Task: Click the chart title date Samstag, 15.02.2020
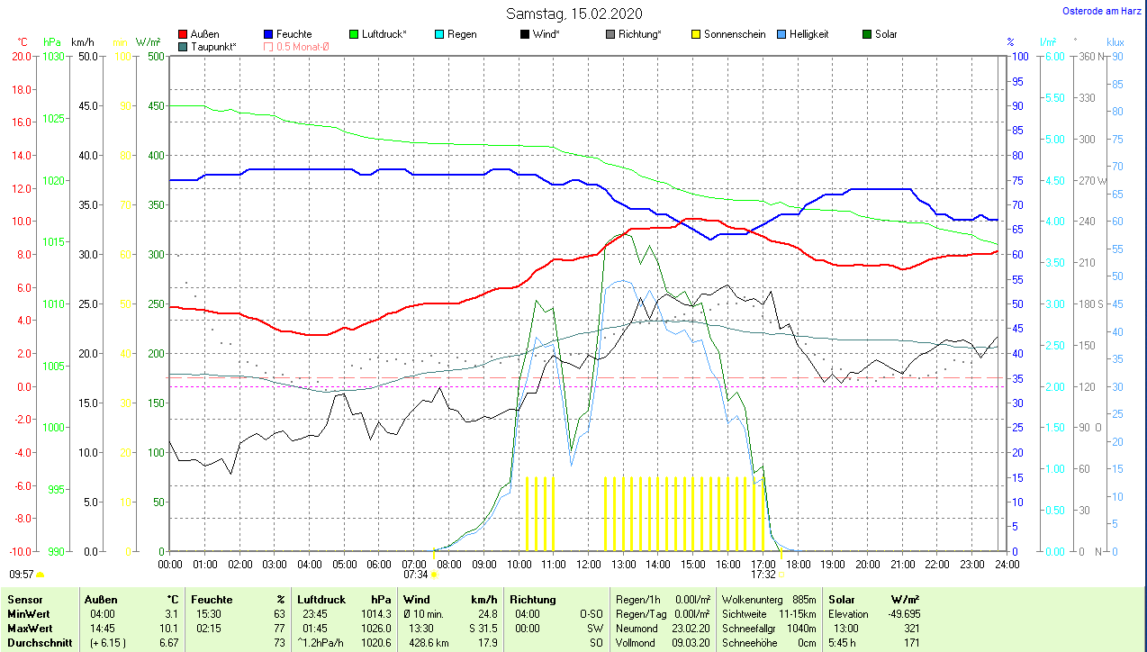[574, 14]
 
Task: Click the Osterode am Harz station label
[1102, 12]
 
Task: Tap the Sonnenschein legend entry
[727, 34]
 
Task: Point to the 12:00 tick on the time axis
[588, 565]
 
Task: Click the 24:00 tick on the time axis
[1007, 565]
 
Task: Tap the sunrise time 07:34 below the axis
[415, 574]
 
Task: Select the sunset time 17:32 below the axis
[763, 574]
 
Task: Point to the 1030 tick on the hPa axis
[53, 56]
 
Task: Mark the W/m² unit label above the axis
[148, 42]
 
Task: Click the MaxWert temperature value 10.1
[171, 628]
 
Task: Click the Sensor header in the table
[24, 600]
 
